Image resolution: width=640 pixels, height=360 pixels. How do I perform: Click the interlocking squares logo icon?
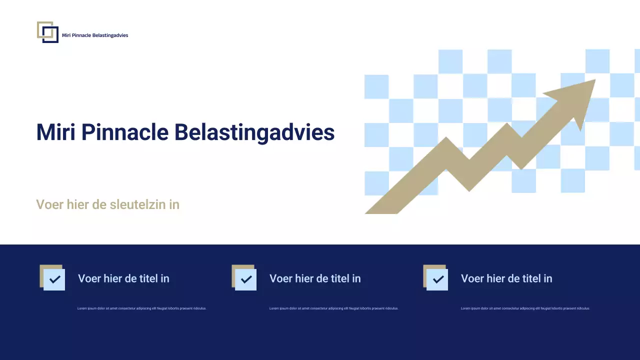click(47, 32)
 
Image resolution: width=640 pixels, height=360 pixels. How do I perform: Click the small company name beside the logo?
click(95, 35)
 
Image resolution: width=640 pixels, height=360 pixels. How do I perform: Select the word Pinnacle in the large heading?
click(124, 132)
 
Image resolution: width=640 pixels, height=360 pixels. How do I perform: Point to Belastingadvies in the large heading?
click(254, 133)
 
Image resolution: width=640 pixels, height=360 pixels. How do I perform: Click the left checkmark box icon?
click(52, 277)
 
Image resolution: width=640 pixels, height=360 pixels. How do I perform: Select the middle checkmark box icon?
click(244, 277)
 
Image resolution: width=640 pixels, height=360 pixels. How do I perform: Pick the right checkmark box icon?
click(435, 277)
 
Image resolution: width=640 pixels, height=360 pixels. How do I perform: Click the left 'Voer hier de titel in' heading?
click(123, 278)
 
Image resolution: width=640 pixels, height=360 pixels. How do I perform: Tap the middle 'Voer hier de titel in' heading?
click(315, 278)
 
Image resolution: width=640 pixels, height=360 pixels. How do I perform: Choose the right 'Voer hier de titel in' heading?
click(506, 278)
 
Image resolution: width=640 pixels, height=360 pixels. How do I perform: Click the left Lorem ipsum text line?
click(141, 308)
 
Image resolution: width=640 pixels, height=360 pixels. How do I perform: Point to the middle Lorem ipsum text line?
click(333, 308)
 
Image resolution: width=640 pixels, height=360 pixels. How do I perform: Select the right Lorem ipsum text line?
click(525, 308)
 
